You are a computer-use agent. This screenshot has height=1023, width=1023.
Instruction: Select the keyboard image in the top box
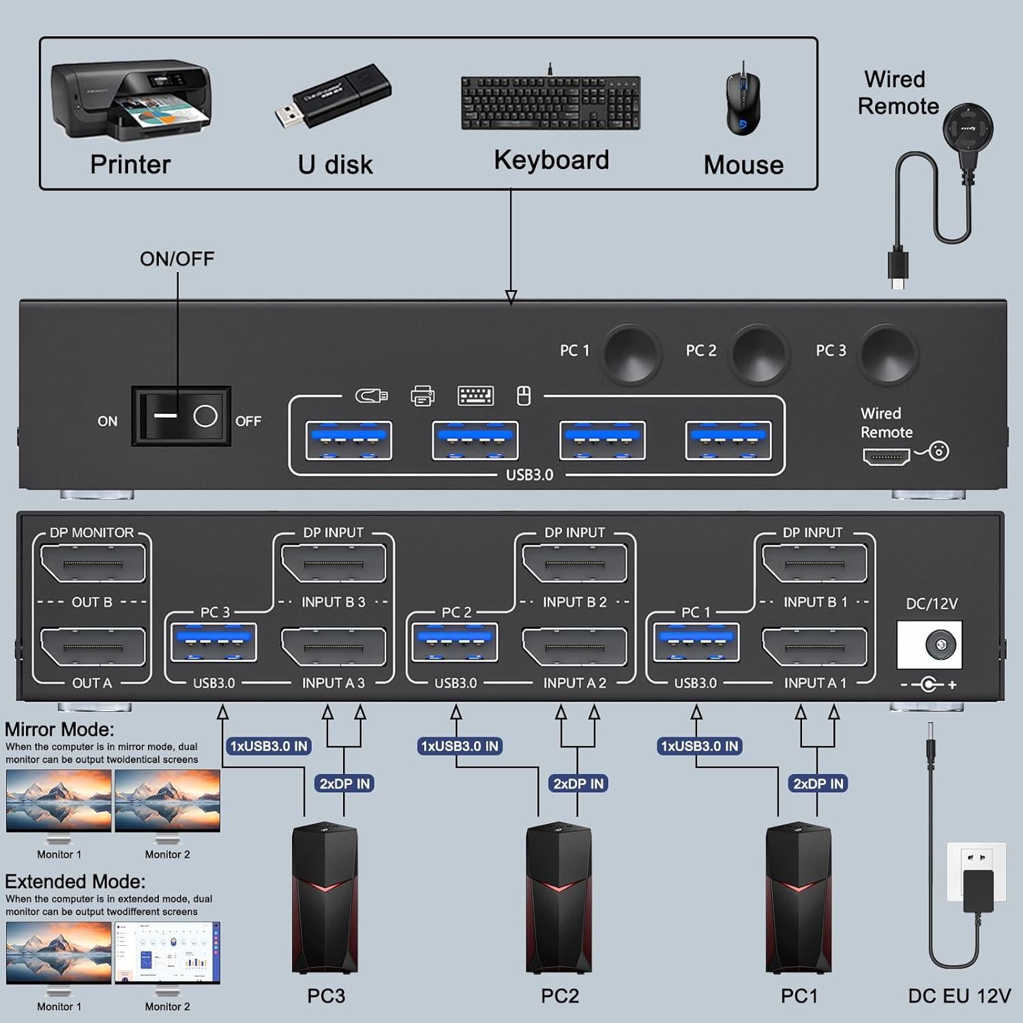pos(550,102)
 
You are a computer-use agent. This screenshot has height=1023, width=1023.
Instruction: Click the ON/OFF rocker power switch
pos(181,416)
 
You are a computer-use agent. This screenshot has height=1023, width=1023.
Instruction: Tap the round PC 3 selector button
pos(887,354)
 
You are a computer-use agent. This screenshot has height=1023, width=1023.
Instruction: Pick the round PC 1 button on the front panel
pos(631,354)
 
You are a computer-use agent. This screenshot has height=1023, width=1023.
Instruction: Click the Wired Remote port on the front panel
pos(886,456)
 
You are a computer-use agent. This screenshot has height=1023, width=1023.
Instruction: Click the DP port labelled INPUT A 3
pos(333,647)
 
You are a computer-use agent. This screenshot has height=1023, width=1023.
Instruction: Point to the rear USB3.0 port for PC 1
pos(696,642)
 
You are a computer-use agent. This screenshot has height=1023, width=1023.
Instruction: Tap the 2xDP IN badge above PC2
pos(578,784)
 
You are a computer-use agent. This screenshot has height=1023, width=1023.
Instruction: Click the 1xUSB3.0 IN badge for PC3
pos(269,746)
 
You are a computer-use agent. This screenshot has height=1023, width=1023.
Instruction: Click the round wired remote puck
pos(968,128)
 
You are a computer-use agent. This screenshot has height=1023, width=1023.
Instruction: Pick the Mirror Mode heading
pos(59,729)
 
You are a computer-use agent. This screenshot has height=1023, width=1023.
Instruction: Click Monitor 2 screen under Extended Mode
pos(167,952)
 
